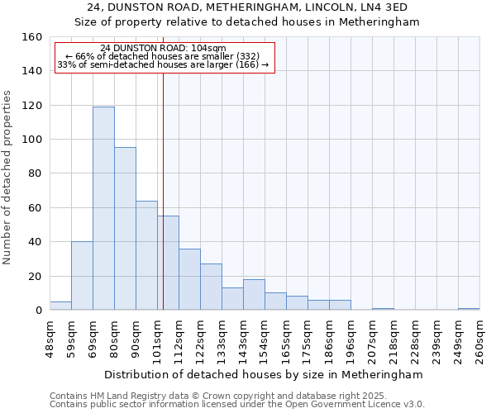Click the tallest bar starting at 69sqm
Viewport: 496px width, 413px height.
click(x=103, y=208)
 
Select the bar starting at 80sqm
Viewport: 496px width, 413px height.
click(x=125, y=229)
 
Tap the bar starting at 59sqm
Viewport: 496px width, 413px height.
click(x=82, y=276)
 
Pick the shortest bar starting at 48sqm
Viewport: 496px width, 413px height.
click(x=60, y=306)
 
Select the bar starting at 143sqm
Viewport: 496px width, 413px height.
click(x=254, y=295)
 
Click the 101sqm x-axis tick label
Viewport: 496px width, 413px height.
click(x=157, y=339)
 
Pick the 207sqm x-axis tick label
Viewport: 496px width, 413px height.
click(x=372, y=339)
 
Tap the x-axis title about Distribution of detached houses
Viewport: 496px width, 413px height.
click(x=264, y=374)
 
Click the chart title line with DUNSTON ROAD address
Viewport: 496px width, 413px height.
click(x=264, y=7)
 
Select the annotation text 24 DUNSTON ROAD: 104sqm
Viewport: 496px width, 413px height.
click(x=163, y=48)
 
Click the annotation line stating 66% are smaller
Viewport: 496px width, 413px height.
click(x=163, y=56)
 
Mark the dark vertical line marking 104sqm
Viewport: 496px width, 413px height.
click(x=164, y=190)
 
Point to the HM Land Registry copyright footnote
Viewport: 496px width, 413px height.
click(x=207, y=396)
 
